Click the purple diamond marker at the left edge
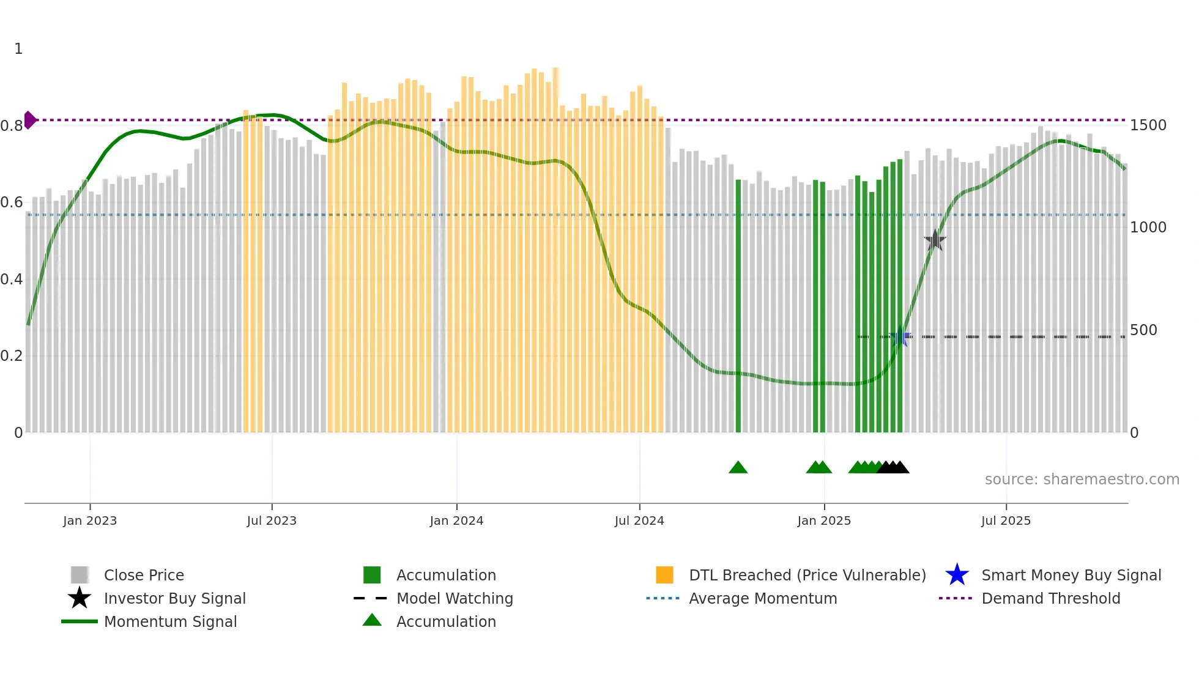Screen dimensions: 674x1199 29,120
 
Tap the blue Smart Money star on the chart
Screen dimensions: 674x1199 900,337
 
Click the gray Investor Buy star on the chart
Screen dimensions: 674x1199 935,240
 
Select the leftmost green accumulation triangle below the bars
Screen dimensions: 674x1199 738,468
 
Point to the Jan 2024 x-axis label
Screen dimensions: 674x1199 456,520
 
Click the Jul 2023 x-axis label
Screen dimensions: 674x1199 272,520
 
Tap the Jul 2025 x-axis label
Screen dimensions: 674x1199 1006,520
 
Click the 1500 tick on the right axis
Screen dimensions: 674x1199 1148,125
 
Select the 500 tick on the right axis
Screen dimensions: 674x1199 1143,330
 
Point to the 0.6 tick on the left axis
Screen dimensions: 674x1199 12,202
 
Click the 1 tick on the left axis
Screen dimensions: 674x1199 18,49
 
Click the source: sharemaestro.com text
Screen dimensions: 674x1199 1082,480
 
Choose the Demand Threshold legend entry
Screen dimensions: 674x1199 1050,598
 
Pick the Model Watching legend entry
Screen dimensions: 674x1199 454,598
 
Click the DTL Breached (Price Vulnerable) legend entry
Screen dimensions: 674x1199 807,575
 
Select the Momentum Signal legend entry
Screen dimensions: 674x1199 170,621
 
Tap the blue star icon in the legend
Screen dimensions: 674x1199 957,575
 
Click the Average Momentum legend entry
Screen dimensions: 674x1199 762,598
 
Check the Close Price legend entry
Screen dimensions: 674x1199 143,575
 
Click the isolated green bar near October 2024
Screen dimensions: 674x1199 738,306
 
